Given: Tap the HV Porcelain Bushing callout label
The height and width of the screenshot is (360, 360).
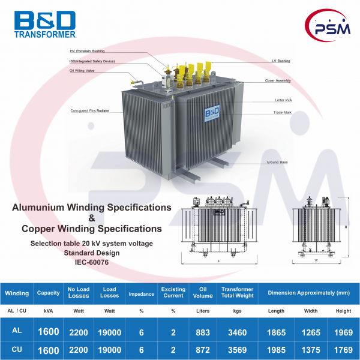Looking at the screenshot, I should pos(87,52).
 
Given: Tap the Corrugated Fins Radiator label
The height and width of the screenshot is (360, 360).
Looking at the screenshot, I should pos(89,111).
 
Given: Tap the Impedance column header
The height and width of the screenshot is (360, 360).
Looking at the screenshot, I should pos(142,293).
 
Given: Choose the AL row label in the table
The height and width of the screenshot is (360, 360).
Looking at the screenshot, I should pos(17,331).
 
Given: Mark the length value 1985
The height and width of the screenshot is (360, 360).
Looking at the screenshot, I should pos(275,349).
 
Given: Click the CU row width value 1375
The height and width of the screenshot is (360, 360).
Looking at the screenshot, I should pos(310,349).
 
